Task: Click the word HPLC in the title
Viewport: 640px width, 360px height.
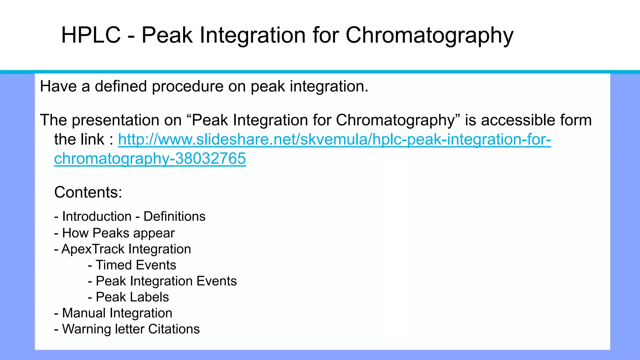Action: coord(91,35)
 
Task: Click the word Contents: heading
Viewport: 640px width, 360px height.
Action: coord(88,192)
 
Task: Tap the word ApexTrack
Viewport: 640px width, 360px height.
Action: coord(93,249)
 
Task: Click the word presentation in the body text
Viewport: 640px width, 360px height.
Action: coord(127,120)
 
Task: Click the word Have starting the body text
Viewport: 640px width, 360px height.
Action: coord(58,87)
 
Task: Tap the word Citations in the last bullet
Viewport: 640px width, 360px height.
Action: coord(174,329)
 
